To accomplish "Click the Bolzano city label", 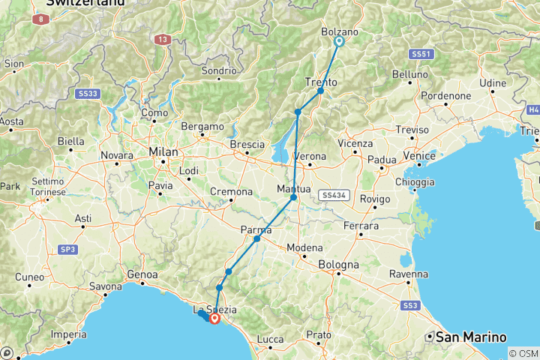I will pos(339,32).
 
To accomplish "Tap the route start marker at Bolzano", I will pos(338,42).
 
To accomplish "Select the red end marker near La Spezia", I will pos(215,318).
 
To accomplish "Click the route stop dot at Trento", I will pos(320,91).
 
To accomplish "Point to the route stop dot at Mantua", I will pos(293,198).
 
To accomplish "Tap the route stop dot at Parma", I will pos(256,238).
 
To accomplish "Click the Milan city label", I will pos(163,151).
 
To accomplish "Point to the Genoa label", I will pos(142,274).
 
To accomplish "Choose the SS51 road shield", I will pos(422,54).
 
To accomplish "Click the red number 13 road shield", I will pos(162,39).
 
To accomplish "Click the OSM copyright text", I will pos(523,353).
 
